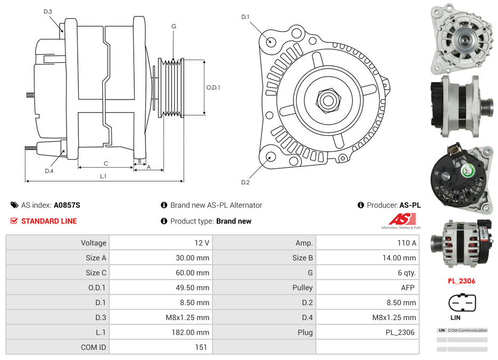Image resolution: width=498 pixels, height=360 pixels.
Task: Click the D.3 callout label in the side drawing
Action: [48, 11]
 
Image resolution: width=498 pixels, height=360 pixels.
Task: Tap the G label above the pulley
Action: [174, 26]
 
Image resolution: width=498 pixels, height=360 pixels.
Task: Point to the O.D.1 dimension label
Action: [213, 88]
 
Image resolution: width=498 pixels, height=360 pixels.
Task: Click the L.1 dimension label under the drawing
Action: [103, 176]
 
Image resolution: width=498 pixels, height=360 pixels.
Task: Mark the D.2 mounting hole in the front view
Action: [270, 157]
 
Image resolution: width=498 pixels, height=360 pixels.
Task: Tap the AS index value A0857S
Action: [67, 205]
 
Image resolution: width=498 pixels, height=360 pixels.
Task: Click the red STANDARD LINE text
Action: [49, 221]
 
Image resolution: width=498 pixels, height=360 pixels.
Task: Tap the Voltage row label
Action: [94, 243]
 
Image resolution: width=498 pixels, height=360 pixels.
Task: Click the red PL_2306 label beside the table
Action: [461, 281]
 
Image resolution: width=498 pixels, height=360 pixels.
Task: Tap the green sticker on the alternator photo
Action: [467, 171]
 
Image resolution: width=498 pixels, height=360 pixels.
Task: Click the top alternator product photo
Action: [461, 39]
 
